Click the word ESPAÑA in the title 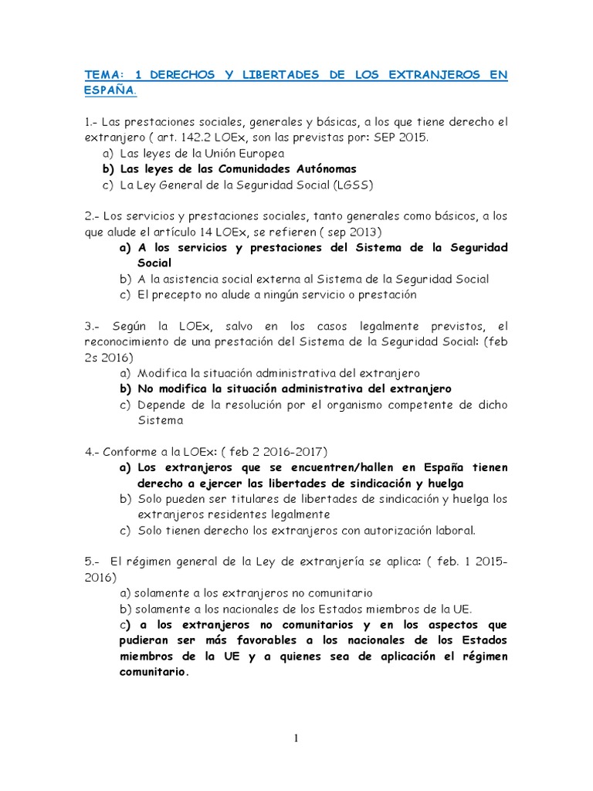coord(108,90)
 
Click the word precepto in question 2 coord(181,294)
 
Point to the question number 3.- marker coord(93,327)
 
